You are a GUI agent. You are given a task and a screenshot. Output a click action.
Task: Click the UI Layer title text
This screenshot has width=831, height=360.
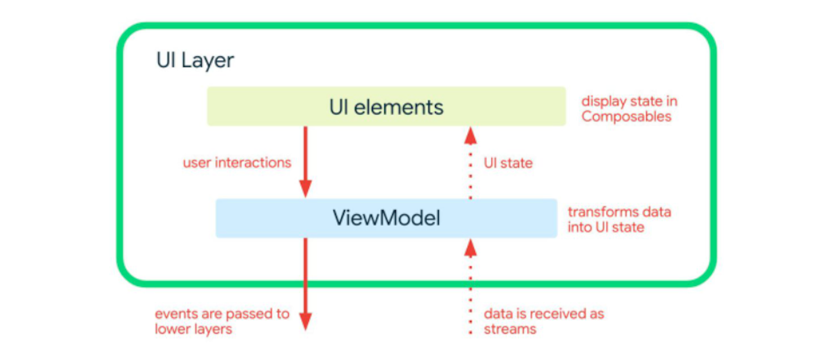[195, 61]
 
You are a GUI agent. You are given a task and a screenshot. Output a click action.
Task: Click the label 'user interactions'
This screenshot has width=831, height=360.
[237, 163]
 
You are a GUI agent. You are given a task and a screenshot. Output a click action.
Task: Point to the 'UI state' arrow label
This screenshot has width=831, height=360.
[508, 163]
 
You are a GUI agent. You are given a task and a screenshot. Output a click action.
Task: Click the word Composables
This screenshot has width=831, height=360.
[626, 117]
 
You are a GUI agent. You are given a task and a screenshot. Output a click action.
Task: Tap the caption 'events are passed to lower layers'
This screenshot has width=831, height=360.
[221, 321]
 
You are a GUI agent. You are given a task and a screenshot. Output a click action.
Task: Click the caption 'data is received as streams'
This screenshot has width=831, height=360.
[543, 321]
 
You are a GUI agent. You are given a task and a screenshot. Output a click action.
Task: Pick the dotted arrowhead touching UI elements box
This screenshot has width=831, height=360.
[471, 136]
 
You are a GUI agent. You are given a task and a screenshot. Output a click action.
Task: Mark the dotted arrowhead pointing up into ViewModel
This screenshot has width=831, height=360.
[471, 248]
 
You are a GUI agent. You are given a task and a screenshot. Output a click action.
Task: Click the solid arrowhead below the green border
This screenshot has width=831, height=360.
[305, 321]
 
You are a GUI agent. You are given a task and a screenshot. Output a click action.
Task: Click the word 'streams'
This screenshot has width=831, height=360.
[510, 329]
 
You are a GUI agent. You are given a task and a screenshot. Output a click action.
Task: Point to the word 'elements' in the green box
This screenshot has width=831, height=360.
[398, 108]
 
